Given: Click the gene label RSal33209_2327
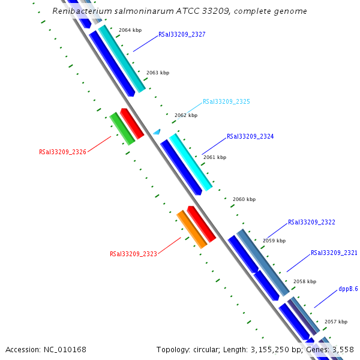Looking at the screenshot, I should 182,35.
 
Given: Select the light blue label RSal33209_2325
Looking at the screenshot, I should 226,102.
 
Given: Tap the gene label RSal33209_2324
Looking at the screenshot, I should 250,137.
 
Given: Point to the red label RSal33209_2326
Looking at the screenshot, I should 62,152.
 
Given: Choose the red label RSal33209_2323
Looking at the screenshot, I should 133,254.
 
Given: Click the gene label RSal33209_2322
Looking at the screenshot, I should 311,222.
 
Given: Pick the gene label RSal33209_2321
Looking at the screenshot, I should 334,253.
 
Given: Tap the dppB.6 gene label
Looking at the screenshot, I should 348,289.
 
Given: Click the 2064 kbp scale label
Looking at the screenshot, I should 130,29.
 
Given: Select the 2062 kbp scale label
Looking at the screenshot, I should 185,115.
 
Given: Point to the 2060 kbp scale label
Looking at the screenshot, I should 244,199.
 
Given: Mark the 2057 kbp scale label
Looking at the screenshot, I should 335,322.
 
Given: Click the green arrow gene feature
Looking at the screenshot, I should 122,128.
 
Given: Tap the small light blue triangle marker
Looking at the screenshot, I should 157,131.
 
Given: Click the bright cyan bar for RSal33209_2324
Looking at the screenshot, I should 190,161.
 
